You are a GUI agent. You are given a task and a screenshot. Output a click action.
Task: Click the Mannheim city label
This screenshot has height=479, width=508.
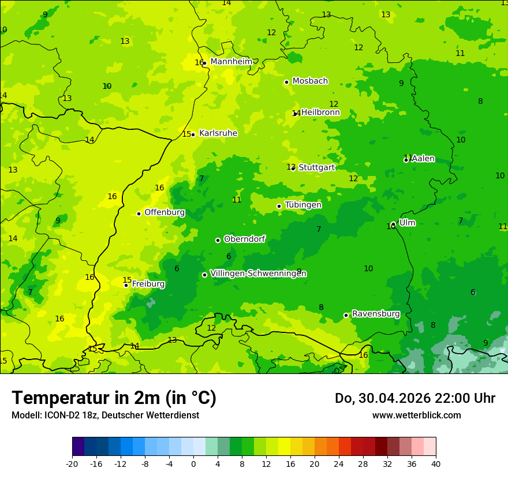(231, 61)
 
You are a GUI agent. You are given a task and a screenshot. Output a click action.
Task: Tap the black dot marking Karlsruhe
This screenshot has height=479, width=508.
(193, 134)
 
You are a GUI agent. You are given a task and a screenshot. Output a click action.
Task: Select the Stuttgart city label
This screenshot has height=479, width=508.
(317, 167)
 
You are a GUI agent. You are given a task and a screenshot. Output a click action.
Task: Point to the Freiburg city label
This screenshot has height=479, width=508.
(148, 284)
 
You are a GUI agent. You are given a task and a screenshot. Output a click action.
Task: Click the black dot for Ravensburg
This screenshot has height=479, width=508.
(346, 315)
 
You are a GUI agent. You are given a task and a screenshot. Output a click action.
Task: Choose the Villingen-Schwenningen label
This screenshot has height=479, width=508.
(258, 274)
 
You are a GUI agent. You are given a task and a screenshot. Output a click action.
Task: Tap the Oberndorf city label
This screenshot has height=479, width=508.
(245, 239)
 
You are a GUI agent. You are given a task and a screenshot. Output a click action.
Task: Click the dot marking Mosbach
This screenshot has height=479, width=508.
(286, 82)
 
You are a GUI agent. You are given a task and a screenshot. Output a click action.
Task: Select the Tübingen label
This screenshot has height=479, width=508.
(303, 205)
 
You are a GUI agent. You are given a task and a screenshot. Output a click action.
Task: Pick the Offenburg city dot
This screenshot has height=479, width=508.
(139, 214)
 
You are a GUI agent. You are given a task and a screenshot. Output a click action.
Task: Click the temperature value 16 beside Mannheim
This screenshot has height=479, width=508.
(199, 62)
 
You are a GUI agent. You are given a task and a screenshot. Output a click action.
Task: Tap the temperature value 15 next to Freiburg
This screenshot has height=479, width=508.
(127, 280)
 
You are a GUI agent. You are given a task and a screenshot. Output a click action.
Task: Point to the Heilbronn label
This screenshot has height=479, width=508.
(320, 113)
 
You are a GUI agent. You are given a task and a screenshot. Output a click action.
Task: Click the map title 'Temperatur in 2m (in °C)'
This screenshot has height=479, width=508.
(114, 398)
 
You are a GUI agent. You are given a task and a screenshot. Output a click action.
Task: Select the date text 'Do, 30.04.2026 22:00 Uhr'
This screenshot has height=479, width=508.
(414, 398)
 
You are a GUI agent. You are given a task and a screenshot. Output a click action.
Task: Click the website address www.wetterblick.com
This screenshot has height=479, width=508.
(416, 415)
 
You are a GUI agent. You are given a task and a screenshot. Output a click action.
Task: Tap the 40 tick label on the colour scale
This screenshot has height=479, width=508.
(435, 463)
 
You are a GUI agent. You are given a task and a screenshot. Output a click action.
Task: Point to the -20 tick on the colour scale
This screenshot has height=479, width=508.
(72, 463)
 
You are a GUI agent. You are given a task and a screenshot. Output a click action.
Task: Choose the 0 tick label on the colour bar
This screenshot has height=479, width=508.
(193, 463)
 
